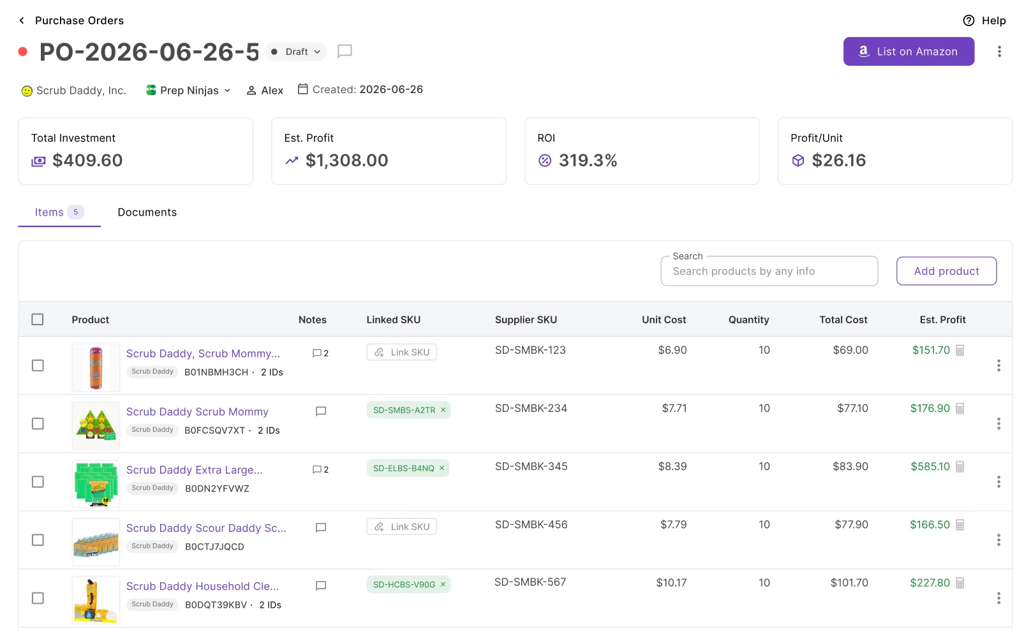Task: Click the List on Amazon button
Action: pyautogui.click(x=908, y=52)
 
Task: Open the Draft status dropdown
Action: pyautogui.click(x=296, y=52)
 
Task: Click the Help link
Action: pyautogui.click(x=984, y=20)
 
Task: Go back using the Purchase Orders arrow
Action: pyautogui.click(x=22, y=20)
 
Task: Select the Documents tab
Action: pyautogui.click(x=147, y=212)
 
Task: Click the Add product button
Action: pyautogui.click(x=946, y=271)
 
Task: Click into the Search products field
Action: pyautogui.click(x=769, y=271)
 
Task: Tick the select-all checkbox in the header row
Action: pyautogui.click(x=38, y=319)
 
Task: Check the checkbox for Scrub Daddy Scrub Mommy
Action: pyautogui.click(x=38, y=423)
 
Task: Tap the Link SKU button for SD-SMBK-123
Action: pyautogui.click(x=401, y=352)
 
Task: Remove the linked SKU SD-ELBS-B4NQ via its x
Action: pyautogui.click(x=442, y=468)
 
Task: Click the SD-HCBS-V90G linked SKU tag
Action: pyautogui.click(x=404, y=585)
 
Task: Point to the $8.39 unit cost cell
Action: pyautogui.click(x=672, y=466)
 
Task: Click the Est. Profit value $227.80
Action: pyautogui.click(x=930, y=583)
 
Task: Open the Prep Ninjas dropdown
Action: pyautogui.click(x=188, y=91)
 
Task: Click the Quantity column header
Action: pyautogui.click(x=748, y=319)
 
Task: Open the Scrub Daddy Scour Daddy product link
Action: pyautogui.click(x=206, y=528)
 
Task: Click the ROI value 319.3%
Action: pyautogui.click(x=588, y=161)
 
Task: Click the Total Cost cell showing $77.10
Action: pyautogui.click(x=852, y=408)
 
